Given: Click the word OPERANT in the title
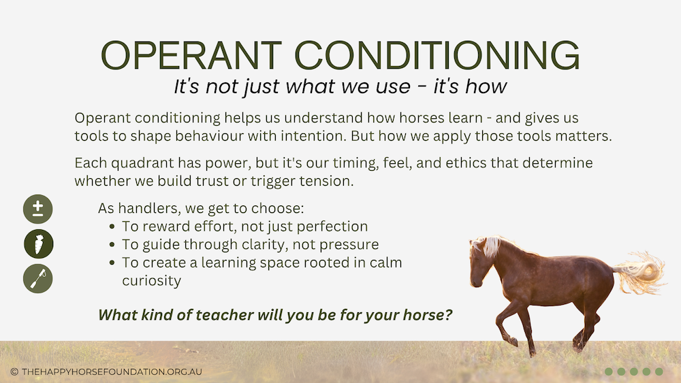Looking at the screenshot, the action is (191, 55).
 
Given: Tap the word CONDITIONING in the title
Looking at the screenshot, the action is (437, 55).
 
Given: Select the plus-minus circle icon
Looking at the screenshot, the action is (37, 209).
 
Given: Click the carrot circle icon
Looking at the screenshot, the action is (39, 244).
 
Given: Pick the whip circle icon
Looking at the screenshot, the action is (37, 278).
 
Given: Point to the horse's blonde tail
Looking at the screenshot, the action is (641, 272).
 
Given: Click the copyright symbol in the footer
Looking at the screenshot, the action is (14, 371).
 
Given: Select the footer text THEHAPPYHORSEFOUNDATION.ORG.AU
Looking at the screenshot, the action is (112, 371).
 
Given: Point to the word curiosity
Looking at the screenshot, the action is (152, 281).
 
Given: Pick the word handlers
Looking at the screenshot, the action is (148, 209).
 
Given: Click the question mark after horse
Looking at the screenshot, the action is (448, 314).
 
